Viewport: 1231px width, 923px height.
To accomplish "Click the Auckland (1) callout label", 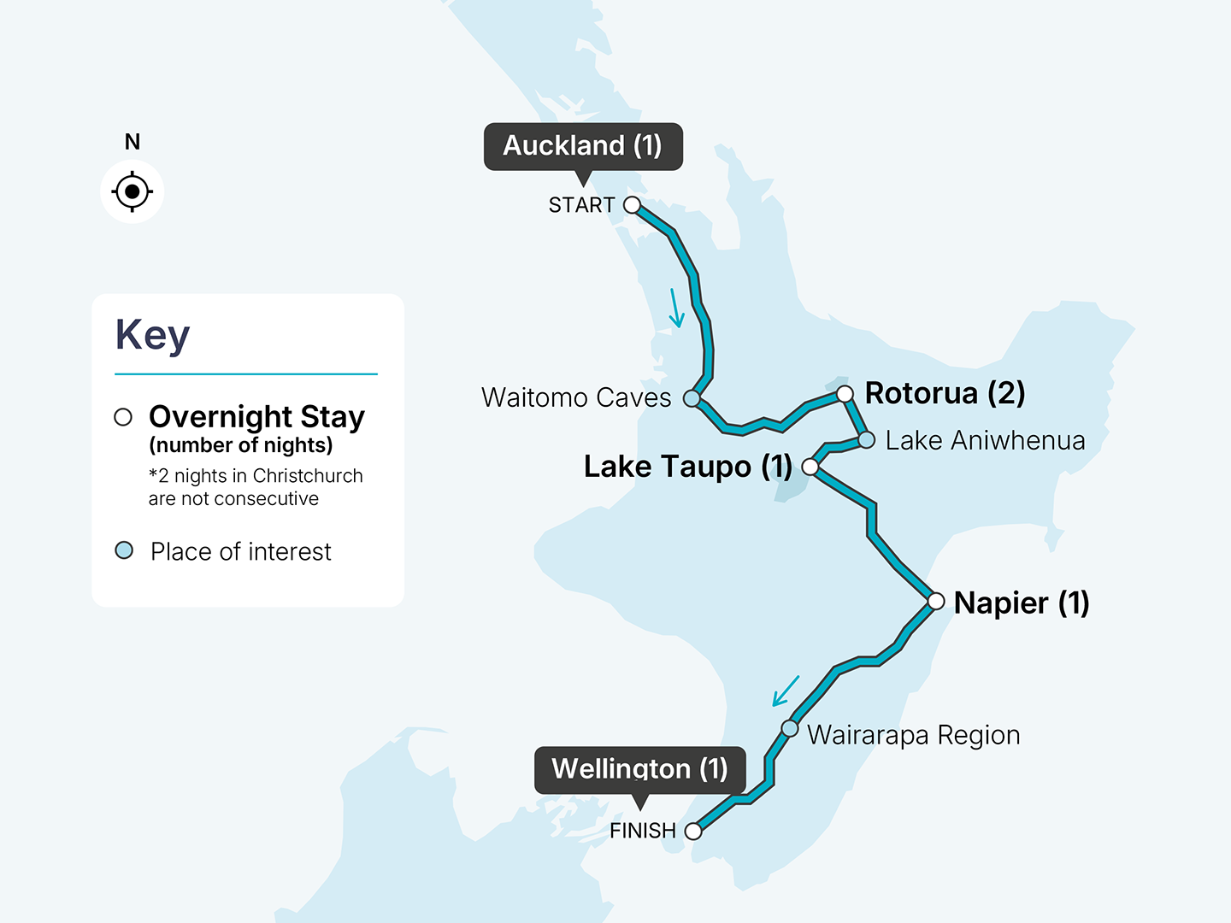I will [x=583, y=146].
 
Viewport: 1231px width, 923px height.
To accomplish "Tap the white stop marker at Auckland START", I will [x=632, y=205].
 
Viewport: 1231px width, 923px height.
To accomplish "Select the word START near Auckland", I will [x=581, y=205].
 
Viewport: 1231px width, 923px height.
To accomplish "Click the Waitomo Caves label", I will [x=576, y=397].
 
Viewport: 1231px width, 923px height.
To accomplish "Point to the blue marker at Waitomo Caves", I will [x=692, y=398].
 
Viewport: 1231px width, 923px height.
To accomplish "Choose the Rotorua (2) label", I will [x=945, y=393].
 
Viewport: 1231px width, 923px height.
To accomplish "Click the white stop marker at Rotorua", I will [x=845, y=394].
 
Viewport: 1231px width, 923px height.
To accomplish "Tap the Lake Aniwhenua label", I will [x=985, y=440].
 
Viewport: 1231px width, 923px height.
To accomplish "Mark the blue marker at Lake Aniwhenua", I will [x=867, y=440].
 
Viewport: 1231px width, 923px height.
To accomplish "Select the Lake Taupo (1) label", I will [x=688, y=467].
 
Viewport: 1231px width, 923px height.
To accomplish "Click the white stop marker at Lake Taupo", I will [x=810, y=467].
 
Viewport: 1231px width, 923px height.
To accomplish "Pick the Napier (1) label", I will [x=1022, y=603].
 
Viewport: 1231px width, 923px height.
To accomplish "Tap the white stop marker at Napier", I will [x=936, y=602].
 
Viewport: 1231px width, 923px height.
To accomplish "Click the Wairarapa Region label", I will [x=913, y=735].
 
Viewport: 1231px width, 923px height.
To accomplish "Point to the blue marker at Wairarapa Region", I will [x=790, y=729].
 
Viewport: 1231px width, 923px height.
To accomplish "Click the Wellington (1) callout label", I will [x=639, y=769].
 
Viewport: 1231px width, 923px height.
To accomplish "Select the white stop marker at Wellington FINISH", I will [x=694, y=831].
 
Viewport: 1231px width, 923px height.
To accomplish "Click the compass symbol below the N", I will [x=132, y=191].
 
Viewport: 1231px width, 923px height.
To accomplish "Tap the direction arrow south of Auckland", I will [x=675, y=309].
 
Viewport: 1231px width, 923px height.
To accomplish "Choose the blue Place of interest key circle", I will [x=124, y=550].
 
